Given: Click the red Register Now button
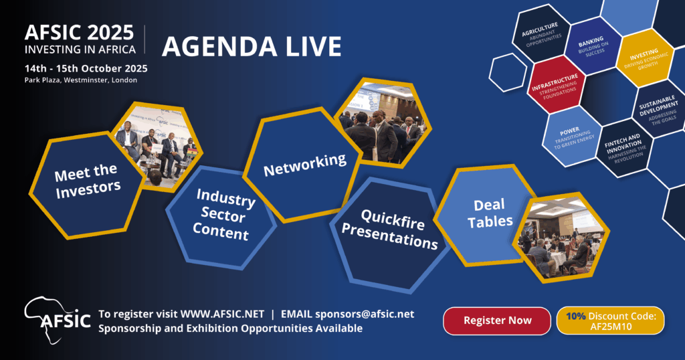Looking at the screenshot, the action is pyautogui.click(x=497, y=321).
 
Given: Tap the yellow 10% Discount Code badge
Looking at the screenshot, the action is pyautogui.click(x=610, y=321).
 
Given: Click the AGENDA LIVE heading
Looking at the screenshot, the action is pyautogui.click(x=252, y=47).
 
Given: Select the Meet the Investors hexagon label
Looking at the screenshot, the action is pyautogui.click(x=88, y=181).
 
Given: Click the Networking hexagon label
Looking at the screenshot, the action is pyautogui.click(x=305, y=165).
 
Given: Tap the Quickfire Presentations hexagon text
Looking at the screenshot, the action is pyautogui.click(x=390, y=230).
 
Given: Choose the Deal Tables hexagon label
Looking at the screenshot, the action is pyautogui.click(x=490, y=213).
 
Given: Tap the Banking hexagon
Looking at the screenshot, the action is pyautogui.click(x=593, y=46).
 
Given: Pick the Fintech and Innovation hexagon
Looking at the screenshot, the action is pyautogui.click(x=624, y=149).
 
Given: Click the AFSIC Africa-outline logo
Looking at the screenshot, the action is pyautogui.click(x=58, y=321).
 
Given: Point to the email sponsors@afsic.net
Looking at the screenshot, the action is pyautogui.click(x=365, y=314).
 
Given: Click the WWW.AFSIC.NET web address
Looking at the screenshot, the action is pyautogui.click(x=222, y=314).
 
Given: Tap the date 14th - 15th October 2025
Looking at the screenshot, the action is pyautogui.click(x=86, y=69).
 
